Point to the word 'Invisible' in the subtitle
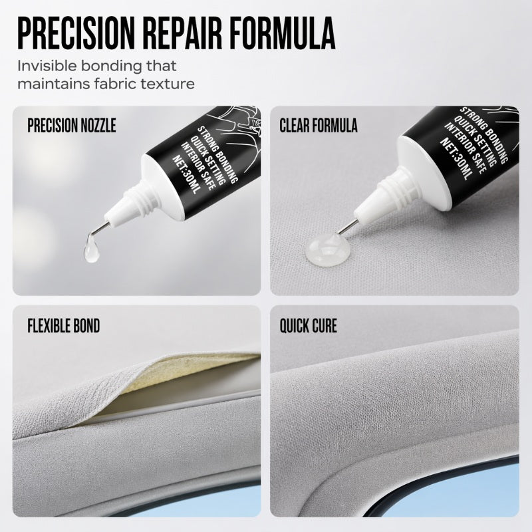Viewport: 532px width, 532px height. [47, 66]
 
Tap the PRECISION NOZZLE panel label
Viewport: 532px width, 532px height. [72, 125]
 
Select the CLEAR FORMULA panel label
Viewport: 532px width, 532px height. [319, 125]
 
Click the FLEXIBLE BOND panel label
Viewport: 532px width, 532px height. [64, 326]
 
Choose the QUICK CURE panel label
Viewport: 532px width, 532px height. [309, 326]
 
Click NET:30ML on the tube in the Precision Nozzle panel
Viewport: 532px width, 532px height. [186, 175]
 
